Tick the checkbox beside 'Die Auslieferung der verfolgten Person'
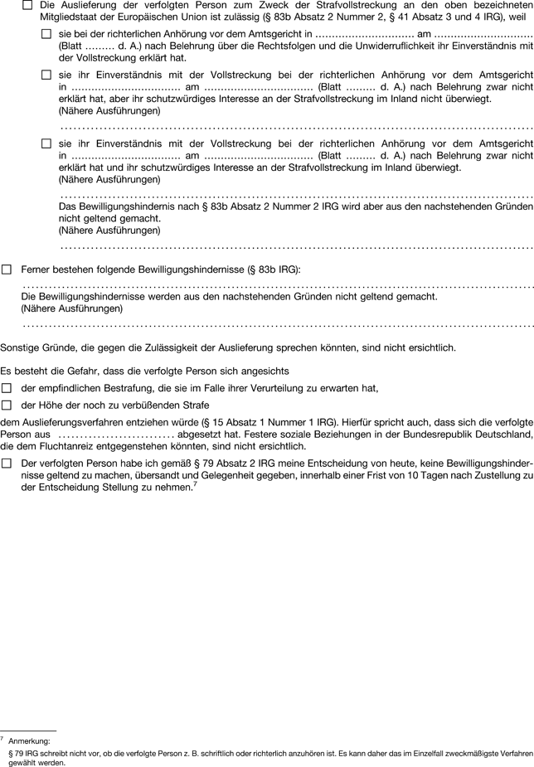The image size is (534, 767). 28,5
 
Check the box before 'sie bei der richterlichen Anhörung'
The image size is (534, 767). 46,34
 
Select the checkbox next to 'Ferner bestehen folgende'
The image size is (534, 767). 7,269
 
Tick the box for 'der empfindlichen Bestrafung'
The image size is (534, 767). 7,388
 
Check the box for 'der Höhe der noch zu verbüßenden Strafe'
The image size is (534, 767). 7,405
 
